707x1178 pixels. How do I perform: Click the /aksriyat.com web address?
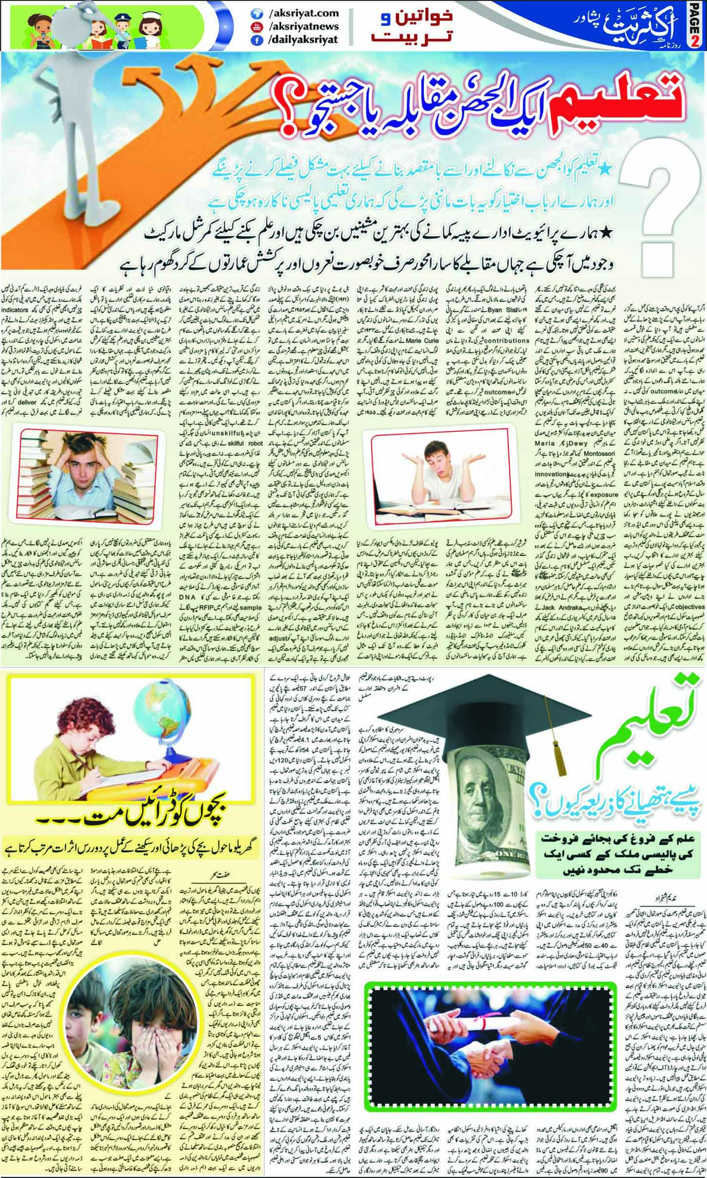[297, 15]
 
